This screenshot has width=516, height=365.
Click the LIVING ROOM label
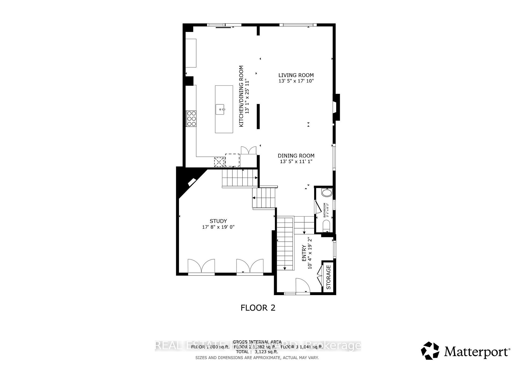tap(296, 75)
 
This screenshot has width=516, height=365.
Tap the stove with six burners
tap(191, 119)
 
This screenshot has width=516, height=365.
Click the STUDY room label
tap(218, 221)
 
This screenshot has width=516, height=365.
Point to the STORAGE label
tap(328, 277)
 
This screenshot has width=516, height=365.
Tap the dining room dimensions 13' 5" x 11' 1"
tap(296, 162)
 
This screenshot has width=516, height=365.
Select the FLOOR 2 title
tap(258, 308)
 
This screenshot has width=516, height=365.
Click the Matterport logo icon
tap(430, 350)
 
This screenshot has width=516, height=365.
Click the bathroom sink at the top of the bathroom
tap(327, 193)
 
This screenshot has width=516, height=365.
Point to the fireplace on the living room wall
tap(336, 107)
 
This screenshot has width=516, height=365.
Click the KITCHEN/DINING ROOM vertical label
tap(244, 96)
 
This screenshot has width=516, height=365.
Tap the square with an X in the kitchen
tap(219, 162)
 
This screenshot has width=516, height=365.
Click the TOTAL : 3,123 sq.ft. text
tap(257, 352)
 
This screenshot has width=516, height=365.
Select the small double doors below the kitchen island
tap(249, 150)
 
